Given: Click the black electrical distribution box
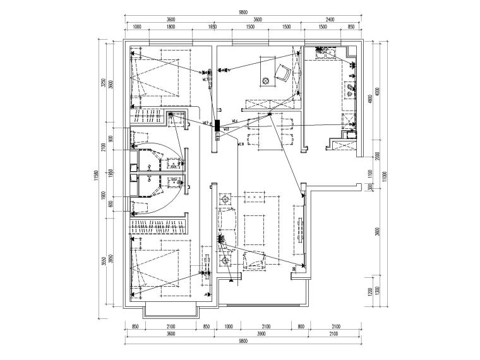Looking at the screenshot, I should coord(217,124).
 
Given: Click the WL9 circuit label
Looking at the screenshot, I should coord(205,123).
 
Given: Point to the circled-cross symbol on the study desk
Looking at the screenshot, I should coord(266,81).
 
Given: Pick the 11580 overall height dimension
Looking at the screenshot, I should coord(98,177).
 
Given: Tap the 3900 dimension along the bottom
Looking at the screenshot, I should coord(258,334).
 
